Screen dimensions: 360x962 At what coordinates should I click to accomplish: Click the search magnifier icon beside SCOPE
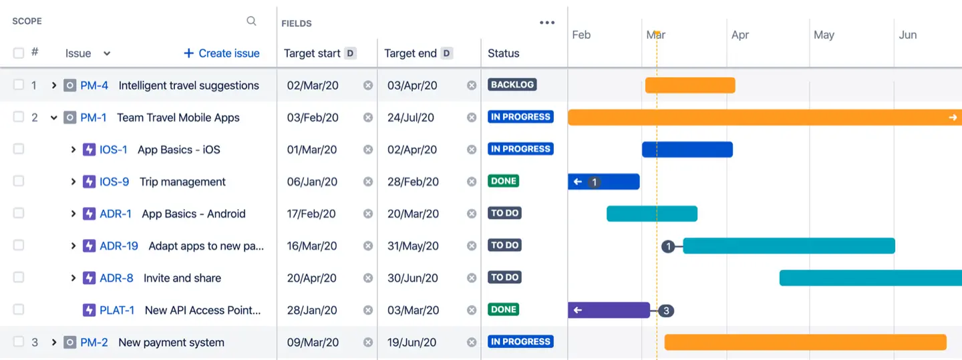(x=251, y=21)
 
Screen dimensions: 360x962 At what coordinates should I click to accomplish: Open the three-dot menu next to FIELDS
(x=547, y=23)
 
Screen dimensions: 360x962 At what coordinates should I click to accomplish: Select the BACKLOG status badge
(x=512, y=85)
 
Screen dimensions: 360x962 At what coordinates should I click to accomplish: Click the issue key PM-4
(x=94, y=85)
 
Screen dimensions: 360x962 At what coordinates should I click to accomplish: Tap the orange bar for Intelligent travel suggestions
(x=690, y=85)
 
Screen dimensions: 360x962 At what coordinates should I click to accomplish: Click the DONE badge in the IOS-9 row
(x=503, y=181)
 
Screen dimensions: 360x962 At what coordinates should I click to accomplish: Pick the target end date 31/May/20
(x=413, y=246)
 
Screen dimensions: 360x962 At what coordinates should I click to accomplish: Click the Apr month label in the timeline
(x=740, y=35)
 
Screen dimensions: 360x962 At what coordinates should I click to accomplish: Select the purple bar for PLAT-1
(x=615, y=310)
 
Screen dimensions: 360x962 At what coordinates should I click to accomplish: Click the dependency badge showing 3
(x=666, y=311)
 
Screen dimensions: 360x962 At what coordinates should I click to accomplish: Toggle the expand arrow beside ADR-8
(x=73, y=278)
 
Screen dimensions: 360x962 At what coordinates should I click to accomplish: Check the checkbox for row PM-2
(x=19, y=342)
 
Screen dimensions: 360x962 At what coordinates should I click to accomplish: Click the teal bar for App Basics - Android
(x=652, y=214)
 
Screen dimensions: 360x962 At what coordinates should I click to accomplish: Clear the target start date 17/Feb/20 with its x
(x=367, y=214)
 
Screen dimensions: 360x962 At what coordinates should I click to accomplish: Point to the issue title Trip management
(x=182, y=182)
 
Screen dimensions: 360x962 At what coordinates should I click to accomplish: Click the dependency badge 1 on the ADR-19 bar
(x=668, y=246)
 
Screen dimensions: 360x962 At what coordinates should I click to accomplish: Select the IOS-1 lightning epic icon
(x=90, y=150)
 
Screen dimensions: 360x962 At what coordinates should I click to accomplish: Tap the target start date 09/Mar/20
(x=313, y=343)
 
